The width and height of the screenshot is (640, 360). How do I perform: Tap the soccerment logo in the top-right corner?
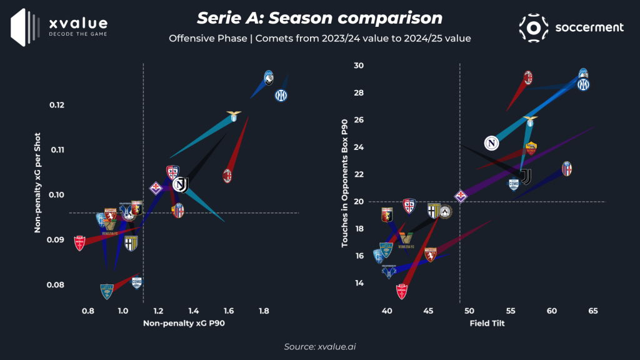pyautogui.click(x=571, y=27)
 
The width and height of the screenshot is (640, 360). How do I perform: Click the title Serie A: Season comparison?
pyautogui.click(x=319, y=17)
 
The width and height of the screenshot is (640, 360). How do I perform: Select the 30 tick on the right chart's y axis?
pyautogui.click(x=361, y=66)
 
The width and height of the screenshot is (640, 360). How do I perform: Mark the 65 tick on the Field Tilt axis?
pyautogui.click(x=592, y=311)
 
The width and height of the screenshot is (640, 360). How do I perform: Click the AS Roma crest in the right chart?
pyautogui.click(x=531, y=148)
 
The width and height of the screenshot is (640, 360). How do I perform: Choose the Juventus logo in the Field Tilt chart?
pyautogui.click(x=526, y=177)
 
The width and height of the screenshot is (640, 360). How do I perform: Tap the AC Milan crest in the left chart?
pyautogui.click(x=228, y=176)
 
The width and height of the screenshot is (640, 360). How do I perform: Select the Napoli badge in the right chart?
pyautogui.click(x=492, y=143)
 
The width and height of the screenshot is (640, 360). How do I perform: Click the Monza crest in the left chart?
pyautogui.click(x=79, y=243)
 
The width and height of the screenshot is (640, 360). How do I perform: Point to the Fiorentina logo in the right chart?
pyautogui.click(x=461, y=196)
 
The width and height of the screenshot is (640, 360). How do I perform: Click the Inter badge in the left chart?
pyautogui.click(x=281, y=95)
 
